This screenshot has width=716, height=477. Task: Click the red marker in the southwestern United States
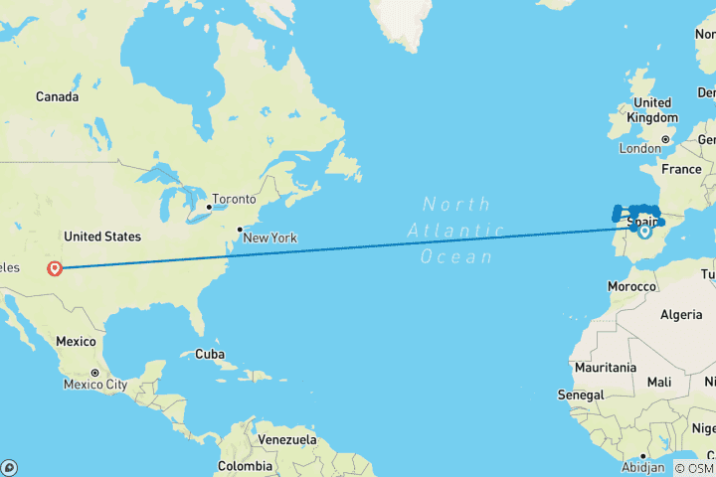[55, 267]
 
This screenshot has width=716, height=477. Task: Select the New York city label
[270, 238]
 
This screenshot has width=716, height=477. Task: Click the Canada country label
[58, 96]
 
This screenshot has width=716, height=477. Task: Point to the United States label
[102, 237]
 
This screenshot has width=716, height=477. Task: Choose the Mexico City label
[96, 384]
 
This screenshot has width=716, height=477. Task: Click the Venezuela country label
[287, 439]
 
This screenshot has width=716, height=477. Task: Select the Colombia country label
[245, 465]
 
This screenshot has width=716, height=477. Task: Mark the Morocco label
[633, 286]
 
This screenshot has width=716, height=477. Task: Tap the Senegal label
[581, 396]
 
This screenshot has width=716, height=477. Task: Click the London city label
[639, 148]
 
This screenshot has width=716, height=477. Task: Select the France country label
[682, 169]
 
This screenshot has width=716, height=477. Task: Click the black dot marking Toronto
[209, 208]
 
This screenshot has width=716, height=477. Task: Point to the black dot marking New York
[239, 230]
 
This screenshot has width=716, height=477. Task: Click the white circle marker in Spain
[644, 232]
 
